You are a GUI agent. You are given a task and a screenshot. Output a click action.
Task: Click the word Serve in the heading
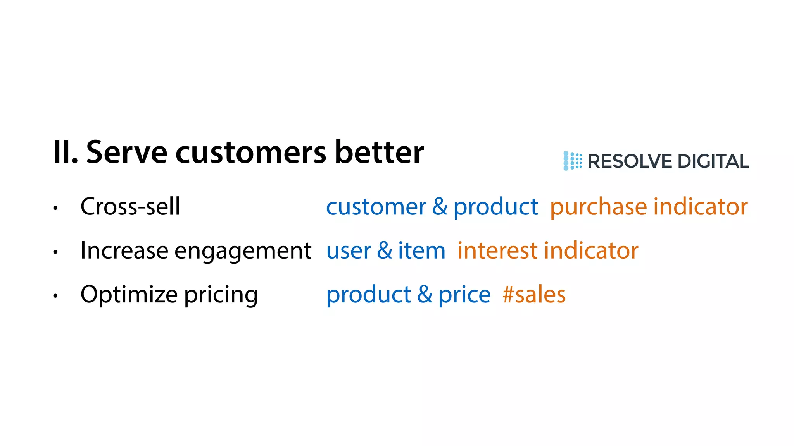[126, 152]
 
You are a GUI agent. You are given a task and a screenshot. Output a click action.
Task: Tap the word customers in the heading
[250, 152]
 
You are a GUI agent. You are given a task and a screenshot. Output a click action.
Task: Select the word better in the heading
[379, 152]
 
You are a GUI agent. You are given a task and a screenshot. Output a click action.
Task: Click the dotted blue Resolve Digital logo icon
[572, 161]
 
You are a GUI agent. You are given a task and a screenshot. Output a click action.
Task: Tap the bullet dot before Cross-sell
[55, 208]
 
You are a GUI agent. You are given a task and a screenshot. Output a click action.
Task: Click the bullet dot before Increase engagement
[55, 252]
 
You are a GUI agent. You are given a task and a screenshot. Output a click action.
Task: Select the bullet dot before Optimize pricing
[55, 296]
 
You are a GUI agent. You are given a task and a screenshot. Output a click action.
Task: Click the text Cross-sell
[130, 206]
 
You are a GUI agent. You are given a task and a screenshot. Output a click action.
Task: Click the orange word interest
[497, 250]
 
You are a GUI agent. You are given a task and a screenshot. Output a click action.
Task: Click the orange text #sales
[534, 295]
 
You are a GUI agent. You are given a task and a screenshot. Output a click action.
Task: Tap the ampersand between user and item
[385, 250]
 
